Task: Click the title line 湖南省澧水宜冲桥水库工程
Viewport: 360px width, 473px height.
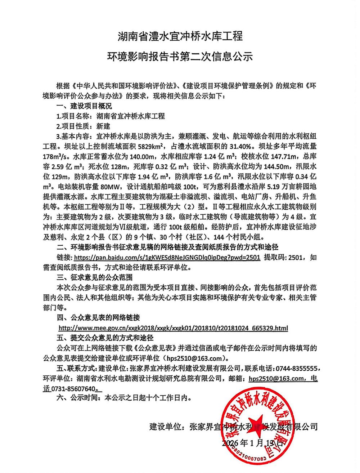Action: point(180,36)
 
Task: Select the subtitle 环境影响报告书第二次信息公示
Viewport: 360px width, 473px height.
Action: point(180,57)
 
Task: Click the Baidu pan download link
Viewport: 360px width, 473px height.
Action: point(167,258)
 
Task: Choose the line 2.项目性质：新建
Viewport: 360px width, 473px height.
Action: point(83,126)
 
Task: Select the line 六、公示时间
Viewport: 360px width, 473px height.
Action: point(122,398)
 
